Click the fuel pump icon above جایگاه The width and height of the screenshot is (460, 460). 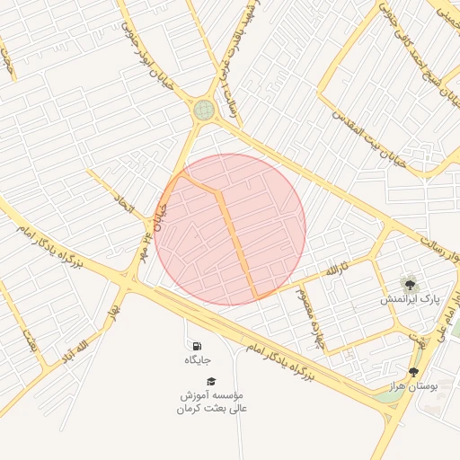pos(196,346)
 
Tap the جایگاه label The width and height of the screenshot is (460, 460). pos(197,360)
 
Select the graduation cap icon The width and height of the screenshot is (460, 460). pos(211,382)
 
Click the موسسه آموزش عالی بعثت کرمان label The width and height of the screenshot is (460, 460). pos(211,402)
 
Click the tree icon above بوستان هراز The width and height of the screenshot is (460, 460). pos(413,371)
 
